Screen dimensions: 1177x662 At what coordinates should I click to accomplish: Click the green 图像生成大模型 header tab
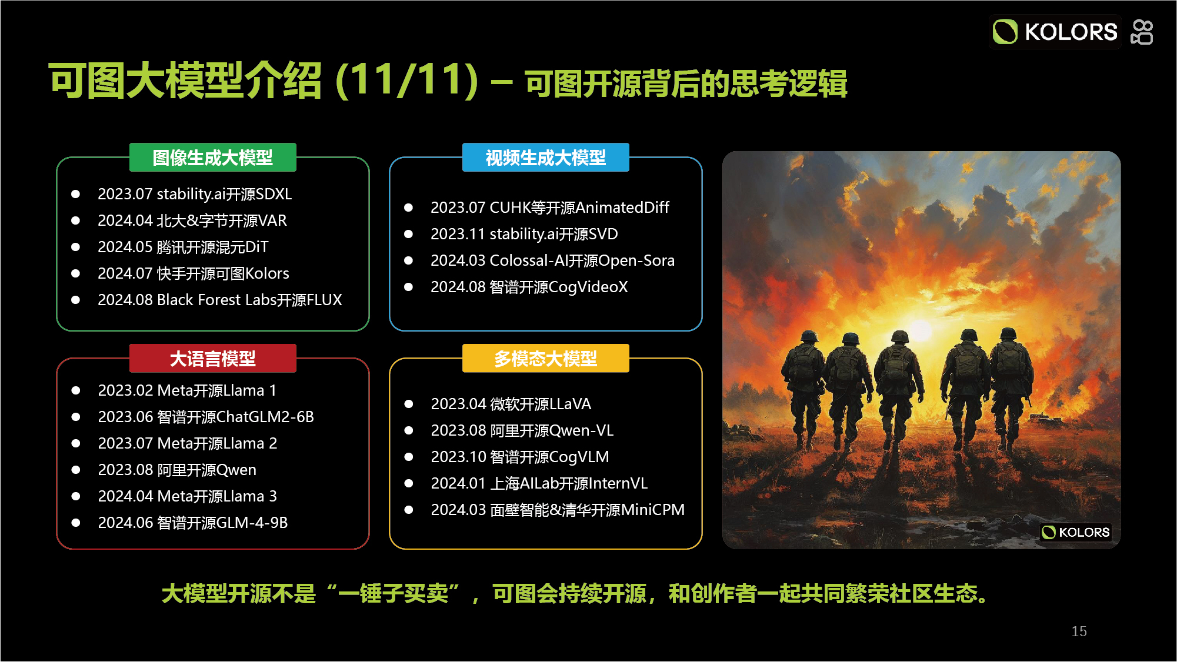coord(212,158)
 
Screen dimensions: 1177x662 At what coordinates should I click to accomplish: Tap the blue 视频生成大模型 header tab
coord(545,158)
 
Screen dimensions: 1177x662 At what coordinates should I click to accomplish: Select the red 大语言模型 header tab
coord(212,358)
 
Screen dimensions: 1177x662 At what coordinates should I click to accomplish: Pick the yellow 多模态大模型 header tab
coord(545,358)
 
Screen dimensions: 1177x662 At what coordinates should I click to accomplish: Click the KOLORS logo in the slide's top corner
coord(1055,32)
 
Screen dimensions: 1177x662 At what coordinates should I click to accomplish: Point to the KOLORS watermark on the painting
coord(1076,532)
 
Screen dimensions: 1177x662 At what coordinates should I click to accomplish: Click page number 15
coord(1079,631)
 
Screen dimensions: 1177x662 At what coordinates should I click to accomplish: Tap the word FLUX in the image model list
coord(324,300)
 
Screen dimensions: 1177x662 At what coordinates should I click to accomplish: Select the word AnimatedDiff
coord(622,208)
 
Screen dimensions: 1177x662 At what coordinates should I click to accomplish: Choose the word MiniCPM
coord(653,510)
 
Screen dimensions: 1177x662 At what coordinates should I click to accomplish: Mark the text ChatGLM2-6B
coord(265,417)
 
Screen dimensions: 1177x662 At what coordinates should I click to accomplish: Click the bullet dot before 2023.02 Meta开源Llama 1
coord(76,390)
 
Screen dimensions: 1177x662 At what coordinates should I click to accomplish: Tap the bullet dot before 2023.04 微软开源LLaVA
coord(409,404)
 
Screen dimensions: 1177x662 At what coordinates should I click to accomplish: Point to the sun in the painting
coord(921,330)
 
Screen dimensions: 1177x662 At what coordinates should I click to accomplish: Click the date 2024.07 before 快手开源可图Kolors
coord(125,273)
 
